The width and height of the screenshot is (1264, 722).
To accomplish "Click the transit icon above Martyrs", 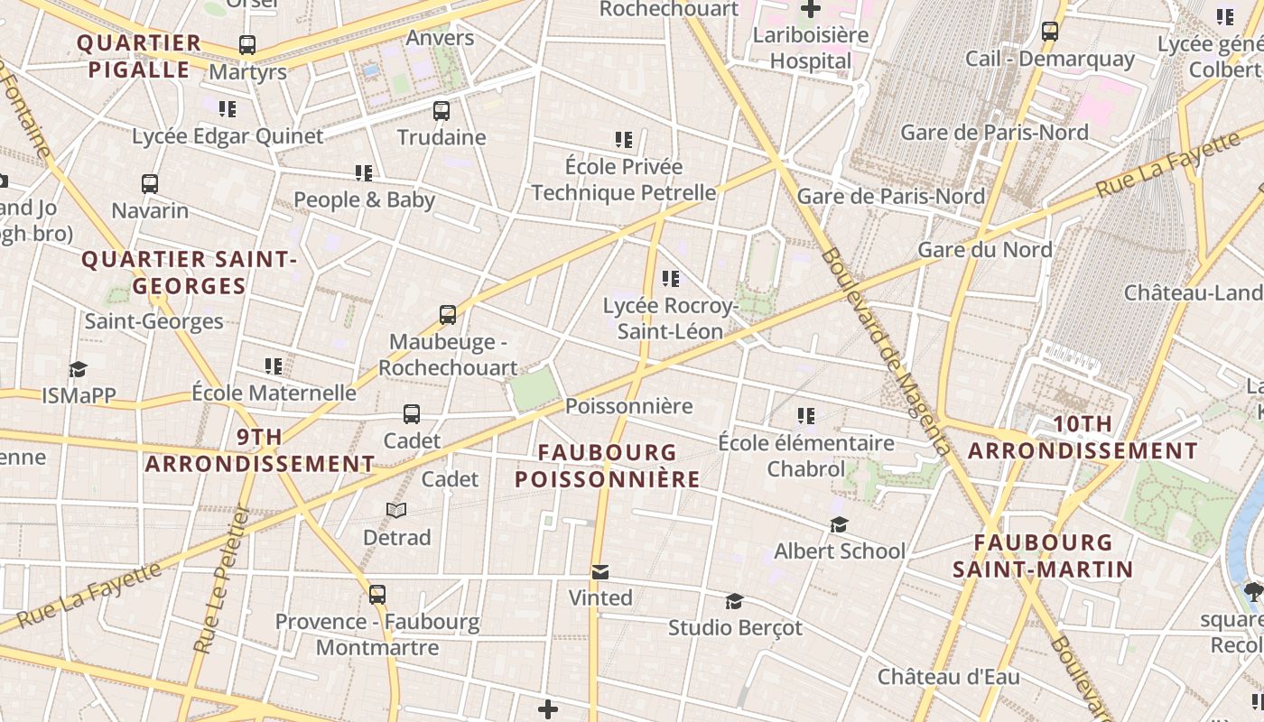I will click(x=246, y=44).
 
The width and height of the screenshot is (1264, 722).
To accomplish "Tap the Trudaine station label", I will click(x=441, y=137).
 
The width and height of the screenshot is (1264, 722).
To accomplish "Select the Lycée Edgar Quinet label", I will click(x=228, y=136).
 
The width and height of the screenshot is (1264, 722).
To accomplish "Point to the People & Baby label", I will click(x=364, y=199).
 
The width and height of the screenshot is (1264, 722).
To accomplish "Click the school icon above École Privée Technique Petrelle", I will click(x=624, y=140).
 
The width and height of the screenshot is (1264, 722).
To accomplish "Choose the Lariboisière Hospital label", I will click(x=810, y=49).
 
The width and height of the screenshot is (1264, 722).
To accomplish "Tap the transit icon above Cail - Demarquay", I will click(x=1050, y=32).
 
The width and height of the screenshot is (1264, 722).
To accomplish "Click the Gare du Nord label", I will click(x=984, y=249).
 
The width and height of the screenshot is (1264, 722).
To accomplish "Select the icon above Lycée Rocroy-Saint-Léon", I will click(x=670, y=279).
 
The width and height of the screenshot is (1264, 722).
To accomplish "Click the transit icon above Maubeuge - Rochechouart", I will click(x=448, y=315).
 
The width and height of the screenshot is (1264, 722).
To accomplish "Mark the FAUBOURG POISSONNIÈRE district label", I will click(x=608, y=466).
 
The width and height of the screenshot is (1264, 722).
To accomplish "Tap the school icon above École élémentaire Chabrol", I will click(x=805, y=416).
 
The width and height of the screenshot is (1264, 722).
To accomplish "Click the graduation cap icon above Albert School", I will click(x=839, y=524).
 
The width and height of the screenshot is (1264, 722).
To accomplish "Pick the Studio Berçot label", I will click(x=735, y=627).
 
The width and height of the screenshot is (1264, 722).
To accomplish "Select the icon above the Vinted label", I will click(x=600, y=571).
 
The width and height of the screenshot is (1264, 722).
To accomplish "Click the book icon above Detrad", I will click(x=396, y=511).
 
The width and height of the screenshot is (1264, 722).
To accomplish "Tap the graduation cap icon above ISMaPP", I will click(x=79, y=369).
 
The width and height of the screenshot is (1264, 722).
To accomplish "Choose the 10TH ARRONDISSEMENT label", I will click(x=1083, y=438).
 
